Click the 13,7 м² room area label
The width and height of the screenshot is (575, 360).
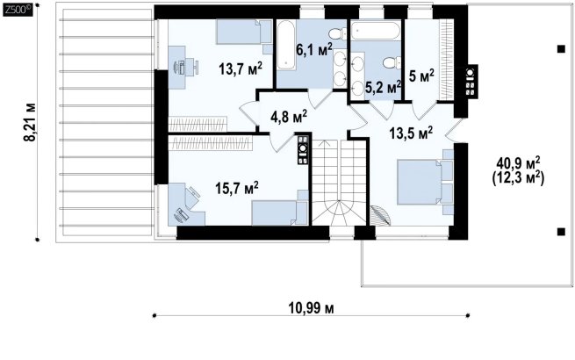[241, 68]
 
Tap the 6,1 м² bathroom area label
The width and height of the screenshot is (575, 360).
[314, 50]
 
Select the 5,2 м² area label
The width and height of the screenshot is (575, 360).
[383, 88]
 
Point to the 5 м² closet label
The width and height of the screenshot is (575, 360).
[421, 76]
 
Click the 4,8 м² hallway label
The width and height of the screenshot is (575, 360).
[289, 117]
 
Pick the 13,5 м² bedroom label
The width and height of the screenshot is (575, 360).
[411, 133]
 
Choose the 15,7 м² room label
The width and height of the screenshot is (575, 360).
[237, 188]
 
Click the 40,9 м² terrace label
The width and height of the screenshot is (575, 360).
[518, 162]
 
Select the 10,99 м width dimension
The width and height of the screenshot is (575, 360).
[312, 308]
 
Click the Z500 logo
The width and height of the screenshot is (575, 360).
[18, 10]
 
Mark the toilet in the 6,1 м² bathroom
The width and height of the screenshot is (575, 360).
[337, 34]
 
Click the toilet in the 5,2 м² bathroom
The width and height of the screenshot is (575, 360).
[392, 62]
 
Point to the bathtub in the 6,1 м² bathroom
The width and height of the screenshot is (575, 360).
[286, 46]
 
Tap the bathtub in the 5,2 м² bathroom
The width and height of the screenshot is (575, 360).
[375, 31]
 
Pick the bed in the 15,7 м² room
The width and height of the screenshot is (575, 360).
[279, 212]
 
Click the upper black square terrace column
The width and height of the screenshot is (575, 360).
[561, 49]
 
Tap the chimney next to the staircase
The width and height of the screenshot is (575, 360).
[303, 149]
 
